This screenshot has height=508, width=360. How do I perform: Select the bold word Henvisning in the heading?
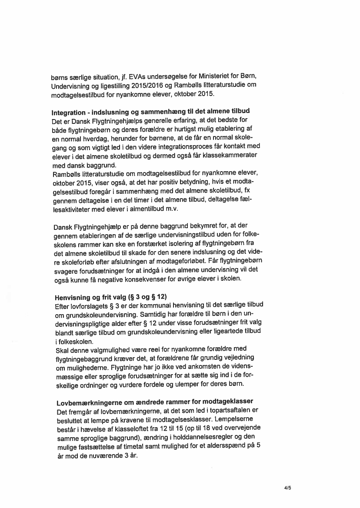(73, 298)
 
